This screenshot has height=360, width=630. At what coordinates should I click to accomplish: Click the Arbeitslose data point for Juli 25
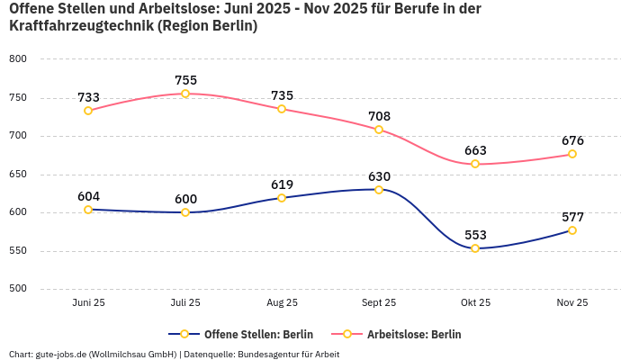185,94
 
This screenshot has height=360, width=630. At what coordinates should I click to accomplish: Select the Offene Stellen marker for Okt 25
475,248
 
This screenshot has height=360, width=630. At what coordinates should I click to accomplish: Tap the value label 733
88,97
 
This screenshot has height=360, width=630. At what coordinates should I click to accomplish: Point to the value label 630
379,176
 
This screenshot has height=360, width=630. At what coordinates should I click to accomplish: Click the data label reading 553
475,235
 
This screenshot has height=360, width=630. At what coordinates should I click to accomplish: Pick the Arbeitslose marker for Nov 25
572,154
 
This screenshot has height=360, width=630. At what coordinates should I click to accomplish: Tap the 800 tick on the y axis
18,59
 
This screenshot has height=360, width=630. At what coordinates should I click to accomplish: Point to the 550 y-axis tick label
18,251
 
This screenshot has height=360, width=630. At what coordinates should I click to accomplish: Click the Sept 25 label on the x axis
379,303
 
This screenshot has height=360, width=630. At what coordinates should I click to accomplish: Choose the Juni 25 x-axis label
88,303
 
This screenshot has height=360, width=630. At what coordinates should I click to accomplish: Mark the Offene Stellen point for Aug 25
282,198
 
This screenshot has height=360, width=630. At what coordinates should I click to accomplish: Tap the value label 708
379,116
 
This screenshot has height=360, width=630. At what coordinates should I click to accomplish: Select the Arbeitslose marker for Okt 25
475,164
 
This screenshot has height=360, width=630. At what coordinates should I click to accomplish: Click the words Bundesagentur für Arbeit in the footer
287,354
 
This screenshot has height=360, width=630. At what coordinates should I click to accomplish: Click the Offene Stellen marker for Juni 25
88,210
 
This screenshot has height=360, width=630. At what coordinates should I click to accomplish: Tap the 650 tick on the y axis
18,175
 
